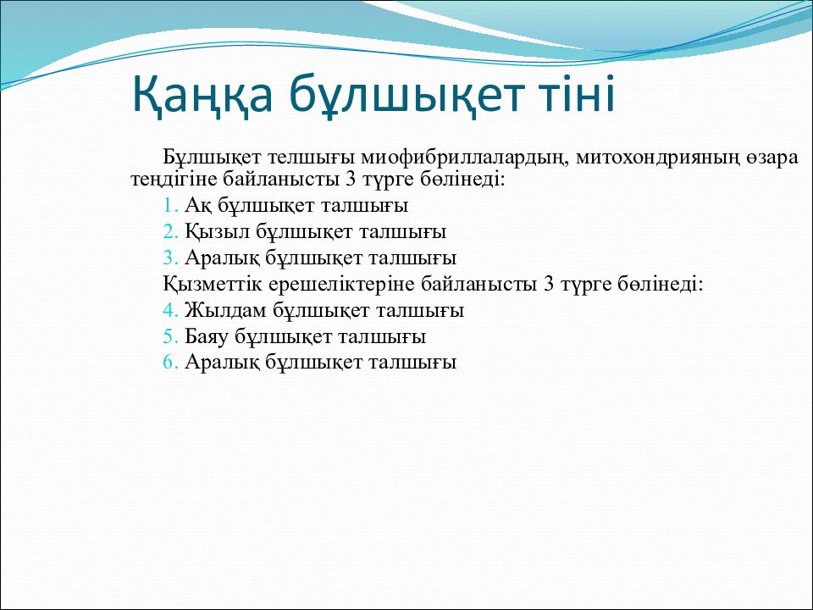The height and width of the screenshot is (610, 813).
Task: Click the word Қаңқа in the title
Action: coord(202,95)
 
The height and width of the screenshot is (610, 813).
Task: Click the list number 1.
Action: coord(170,205)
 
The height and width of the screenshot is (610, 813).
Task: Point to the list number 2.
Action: coord(170,231)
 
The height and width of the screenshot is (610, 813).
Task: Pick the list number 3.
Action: coord(170,258)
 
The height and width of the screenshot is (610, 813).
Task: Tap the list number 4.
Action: coord(170,310)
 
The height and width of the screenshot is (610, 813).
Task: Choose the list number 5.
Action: coord(170,336)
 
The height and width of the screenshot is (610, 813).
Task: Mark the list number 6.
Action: coord(170,362)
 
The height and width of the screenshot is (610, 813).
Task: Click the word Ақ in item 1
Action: coord(198,206)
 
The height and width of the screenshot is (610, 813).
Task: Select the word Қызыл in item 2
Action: coord(218,232)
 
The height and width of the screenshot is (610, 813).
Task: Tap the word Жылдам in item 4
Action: coord(225,311)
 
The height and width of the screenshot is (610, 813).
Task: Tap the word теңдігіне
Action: coord(174,180)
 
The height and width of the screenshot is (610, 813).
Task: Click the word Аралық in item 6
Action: coord(222,363)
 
